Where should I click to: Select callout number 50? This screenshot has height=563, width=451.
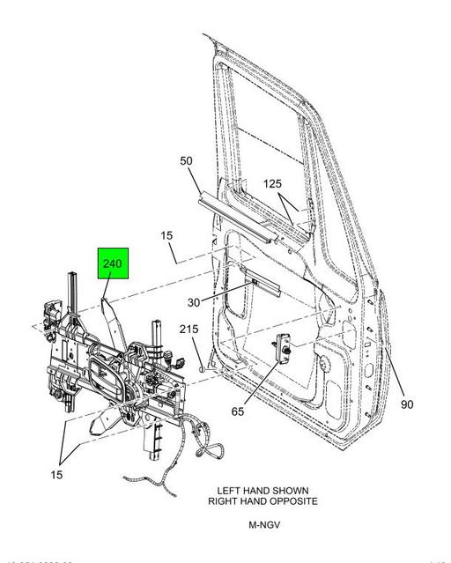186,161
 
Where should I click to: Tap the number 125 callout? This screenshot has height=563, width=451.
273,183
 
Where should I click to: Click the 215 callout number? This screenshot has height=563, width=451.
189,329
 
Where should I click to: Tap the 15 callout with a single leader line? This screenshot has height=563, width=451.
166,235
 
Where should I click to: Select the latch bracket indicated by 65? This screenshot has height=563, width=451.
285,348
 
